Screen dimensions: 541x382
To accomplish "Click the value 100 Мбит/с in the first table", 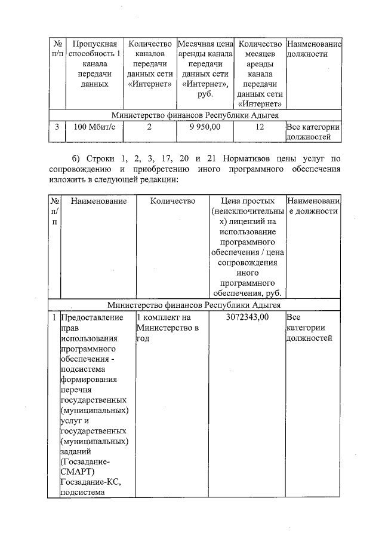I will [x=90, y=127].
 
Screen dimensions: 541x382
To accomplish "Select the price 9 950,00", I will [x=205, y=127].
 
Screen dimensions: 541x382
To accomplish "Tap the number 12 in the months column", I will [x=259, y=127].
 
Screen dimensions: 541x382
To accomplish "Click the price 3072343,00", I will [x=247, y=317].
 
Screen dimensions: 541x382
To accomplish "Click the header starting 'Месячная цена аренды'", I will [x=205, y=69].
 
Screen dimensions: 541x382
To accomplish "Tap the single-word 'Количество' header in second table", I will [x=173, y=201].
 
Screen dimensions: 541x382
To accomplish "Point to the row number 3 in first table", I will [x=57, y=127].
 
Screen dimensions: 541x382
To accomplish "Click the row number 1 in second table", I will [x=54, y=317].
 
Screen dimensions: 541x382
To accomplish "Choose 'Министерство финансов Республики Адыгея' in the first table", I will [x=195, y=115].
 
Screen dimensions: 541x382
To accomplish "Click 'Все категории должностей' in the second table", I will [x=306, y=328].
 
